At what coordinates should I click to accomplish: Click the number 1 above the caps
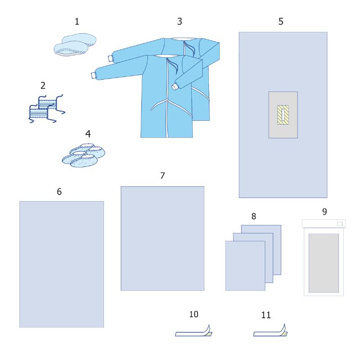pyautogui.click(x=77, y=22)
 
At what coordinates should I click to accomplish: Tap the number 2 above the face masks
pyautogui.click(x=43, y=85)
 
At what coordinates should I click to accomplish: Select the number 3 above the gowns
pyautogui.click(x=180, y=22)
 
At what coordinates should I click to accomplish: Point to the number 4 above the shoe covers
pyautogui.click(x=88, y=134)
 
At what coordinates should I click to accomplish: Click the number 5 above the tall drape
pyautogui.click(x=281, y=22)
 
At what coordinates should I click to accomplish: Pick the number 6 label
pyautogui.click(x=59, y=192)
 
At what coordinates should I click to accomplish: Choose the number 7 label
pyautogui.click(x=162, y=175)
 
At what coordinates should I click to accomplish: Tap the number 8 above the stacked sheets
pyautogui.click(x=253, y=216)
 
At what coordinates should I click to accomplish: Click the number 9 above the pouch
pyautogui.click(x=324, y=211)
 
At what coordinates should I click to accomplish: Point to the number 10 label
pyautogui.click(x=193, y=314)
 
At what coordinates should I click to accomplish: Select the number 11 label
pyautogui.click(x=266, y=315)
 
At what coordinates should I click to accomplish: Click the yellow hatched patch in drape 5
pyautogui.click(x=283, y=115)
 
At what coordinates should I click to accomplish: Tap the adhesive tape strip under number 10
pyautogui.click(x=193, y=333)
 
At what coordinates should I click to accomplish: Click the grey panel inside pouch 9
pyautogui.click(x=324, y=263)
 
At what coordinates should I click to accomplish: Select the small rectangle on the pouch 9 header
pyautogui.click(x=340, y=224)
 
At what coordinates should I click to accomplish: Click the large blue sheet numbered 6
pyautogui.click(x=62, y=264)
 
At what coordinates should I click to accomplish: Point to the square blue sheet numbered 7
pyautogui.click(x=162, y=238)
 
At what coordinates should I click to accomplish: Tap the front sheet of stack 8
pyautogui.click(x=245, y=265)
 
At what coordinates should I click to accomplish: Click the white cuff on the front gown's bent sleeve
pyautogui.click(x=175, y=86)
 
